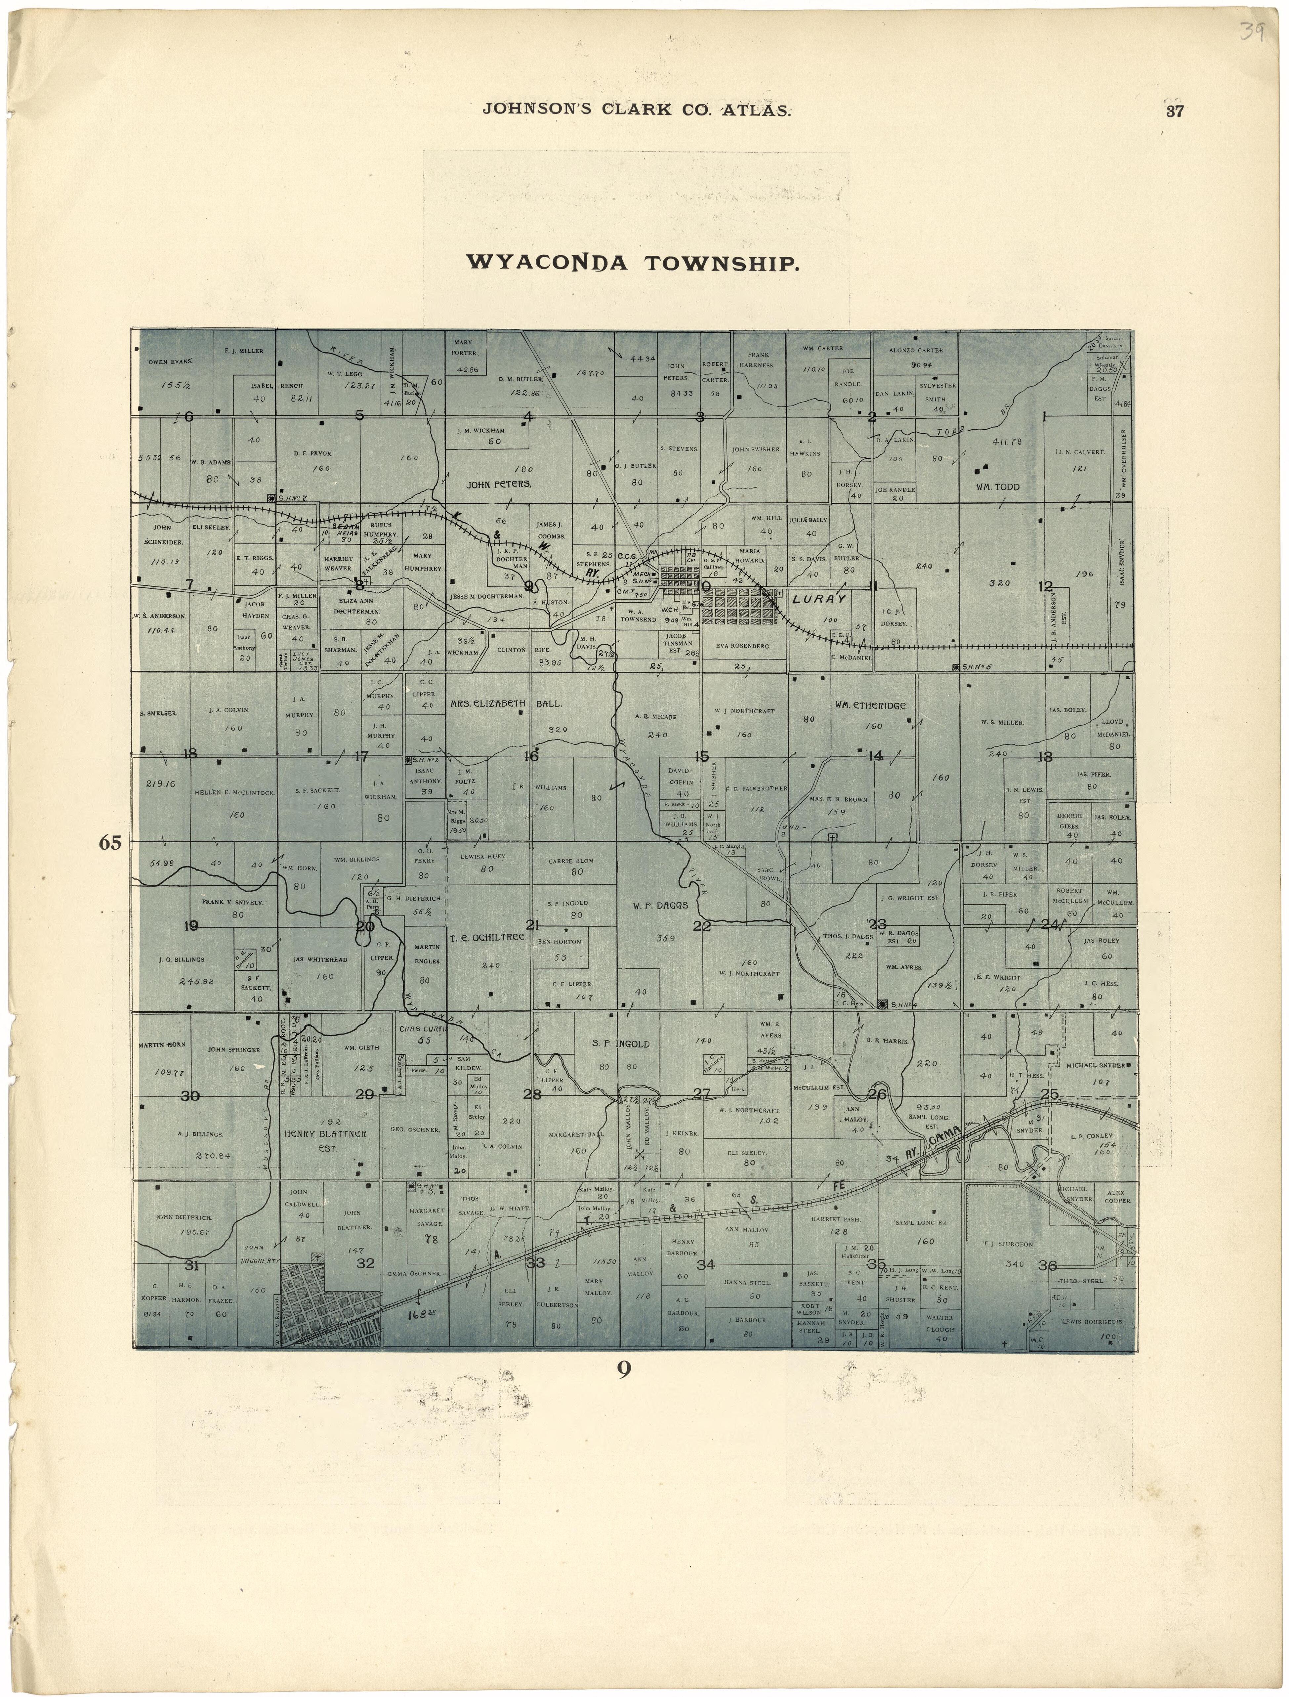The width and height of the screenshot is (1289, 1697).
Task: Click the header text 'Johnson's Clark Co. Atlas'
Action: click(x=636, y=110)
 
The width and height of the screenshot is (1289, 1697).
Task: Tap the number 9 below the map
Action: click(x=624, y=1368)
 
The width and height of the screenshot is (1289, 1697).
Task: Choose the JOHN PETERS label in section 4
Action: click(x=499, y=484)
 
